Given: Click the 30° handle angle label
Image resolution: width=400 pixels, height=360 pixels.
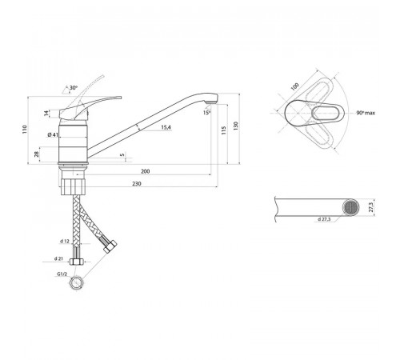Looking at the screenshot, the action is (74, 87).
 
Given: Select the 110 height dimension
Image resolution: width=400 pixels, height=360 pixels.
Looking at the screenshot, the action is (25, 129).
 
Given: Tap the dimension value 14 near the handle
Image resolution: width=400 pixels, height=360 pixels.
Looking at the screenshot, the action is (46, 114).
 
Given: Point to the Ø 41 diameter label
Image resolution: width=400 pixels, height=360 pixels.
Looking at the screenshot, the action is (53, 134).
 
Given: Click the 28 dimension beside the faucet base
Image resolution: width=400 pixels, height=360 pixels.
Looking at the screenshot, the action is (37, 154).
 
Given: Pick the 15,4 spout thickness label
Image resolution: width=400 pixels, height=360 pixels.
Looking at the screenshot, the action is (166, 127).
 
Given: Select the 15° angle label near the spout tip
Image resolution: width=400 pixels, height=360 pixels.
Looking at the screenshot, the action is (206, 113).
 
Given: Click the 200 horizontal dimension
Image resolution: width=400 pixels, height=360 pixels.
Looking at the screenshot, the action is (146, 171).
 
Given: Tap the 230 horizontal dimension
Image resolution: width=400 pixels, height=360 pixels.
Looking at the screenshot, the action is (137, 183).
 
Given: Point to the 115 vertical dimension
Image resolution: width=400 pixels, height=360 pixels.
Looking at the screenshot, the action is (224, 130).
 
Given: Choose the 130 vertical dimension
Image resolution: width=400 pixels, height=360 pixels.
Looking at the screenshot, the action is (235, 126).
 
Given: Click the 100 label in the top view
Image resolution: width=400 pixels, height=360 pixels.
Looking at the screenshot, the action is (294, 86).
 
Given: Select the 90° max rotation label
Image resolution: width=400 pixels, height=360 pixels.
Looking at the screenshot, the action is (366, 113).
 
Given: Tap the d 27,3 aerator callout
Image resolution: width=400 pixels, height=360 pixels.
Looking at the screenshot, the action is (324, 219).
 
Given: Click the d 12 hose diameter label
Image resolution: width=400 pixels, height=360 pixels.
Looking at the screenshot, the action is (65, 241).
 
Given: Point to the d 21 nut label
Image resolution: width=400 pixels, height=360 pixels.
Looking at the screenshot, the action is (58, 258).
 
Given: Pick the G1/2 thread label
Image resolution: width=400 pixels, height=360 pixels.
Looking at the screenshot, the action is (62, 274).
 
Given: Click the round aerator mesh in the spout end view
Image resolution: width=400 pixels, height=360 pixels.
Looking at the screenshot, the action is (351, 207).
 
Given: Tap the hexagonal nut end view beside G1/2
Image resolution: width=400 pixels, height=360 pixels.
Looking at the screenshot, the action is (77, 282).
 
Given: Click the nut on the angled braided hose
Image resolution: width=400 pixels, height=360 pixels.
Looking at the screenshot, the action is (110, 247).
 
